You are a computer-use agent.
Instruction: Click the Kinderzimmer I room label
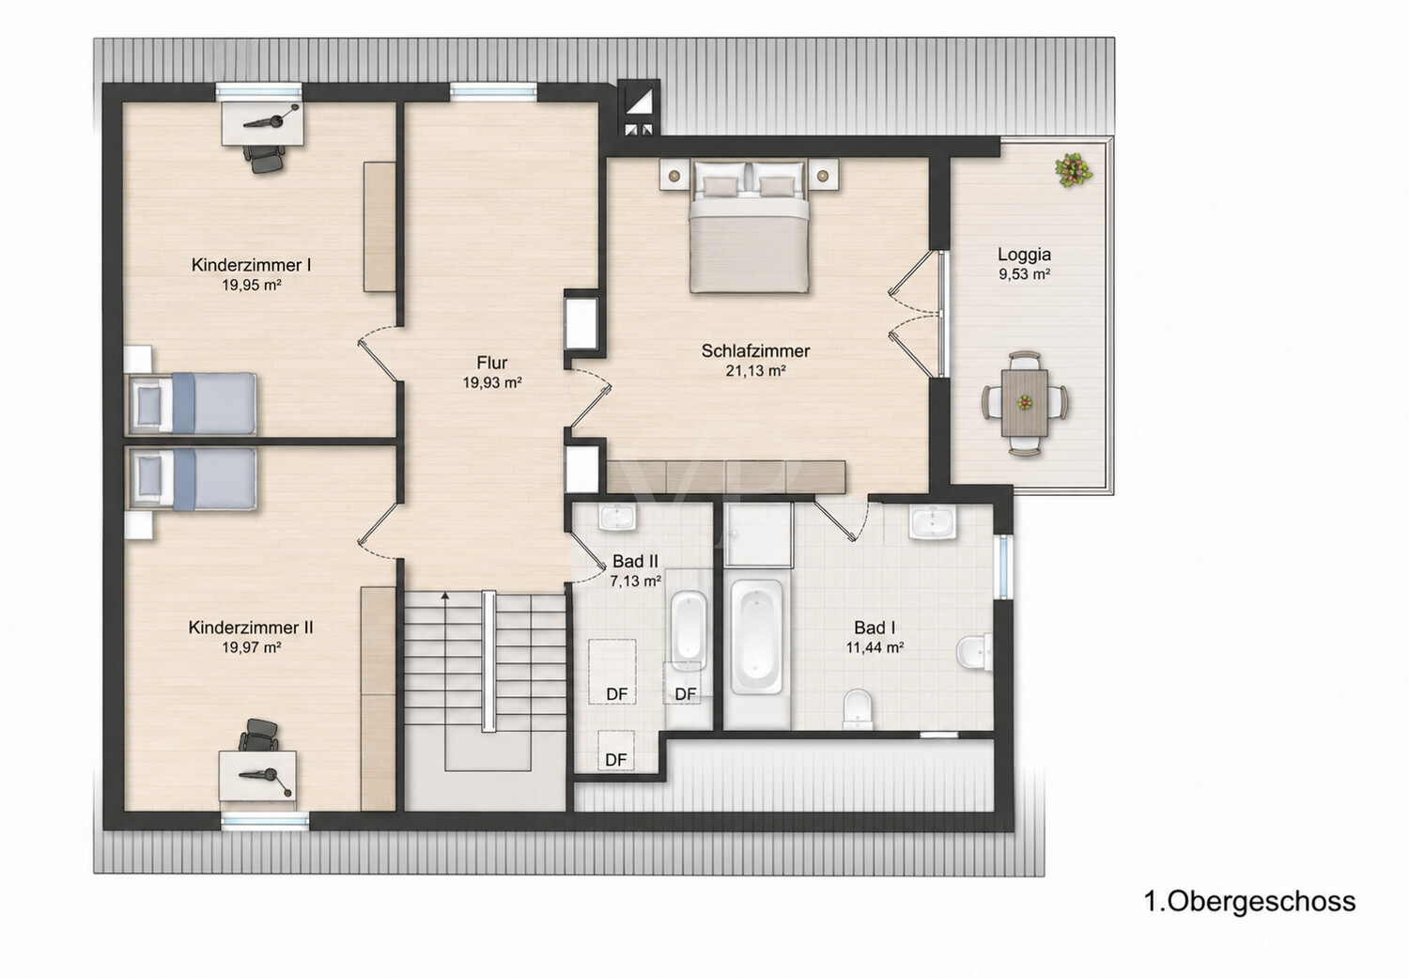(251, 265)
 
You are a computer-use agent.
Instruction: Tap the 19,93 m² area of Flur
(492, 382)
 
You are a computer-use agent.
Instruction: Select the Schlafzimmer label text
(755, 351)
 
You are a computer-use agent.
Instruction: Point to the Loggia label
(1024, 255)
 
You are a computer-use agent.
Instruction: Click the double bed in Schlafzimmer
(749, 226)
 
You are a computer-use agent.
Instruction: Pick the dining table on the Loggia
(1025, 402)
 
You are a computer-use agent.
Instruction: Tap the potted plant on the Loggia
(1073, 170)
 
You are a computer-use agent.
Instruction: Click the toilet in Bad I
(858, 710)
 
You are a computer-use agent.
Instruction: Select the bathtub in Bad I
(756, 637)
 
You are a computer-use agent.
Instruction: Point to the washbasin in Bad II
(617, 517)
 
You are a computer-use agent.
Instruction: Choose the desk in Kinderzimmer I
(263, 123)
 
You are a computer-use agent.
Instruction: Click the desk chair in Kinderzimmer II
(258, 736)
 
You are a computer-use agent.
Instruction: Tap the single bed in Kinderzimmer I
(192, 403)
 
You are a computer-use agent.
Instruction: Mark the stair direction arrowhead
(445, 595)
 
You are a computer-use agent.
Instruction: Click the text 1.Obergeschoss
(1250, 901)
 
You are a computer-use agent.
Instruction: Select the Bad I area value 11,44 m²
(875, 647)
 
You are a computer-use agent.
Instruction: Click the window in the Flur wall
(493, 92)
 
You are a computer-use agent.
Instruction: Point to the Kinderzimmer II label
(251, 627)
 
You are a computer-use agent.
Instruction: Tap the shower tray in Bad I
(757, 535)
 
